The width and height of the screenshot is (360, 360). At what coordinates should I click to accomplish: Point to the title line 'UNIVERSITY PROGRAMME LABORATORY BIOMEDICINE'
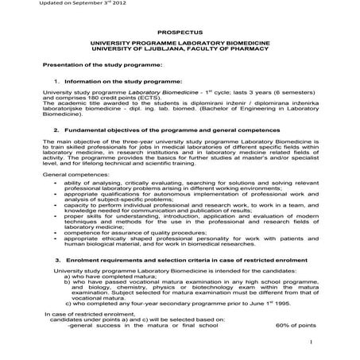click(180, 40)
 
